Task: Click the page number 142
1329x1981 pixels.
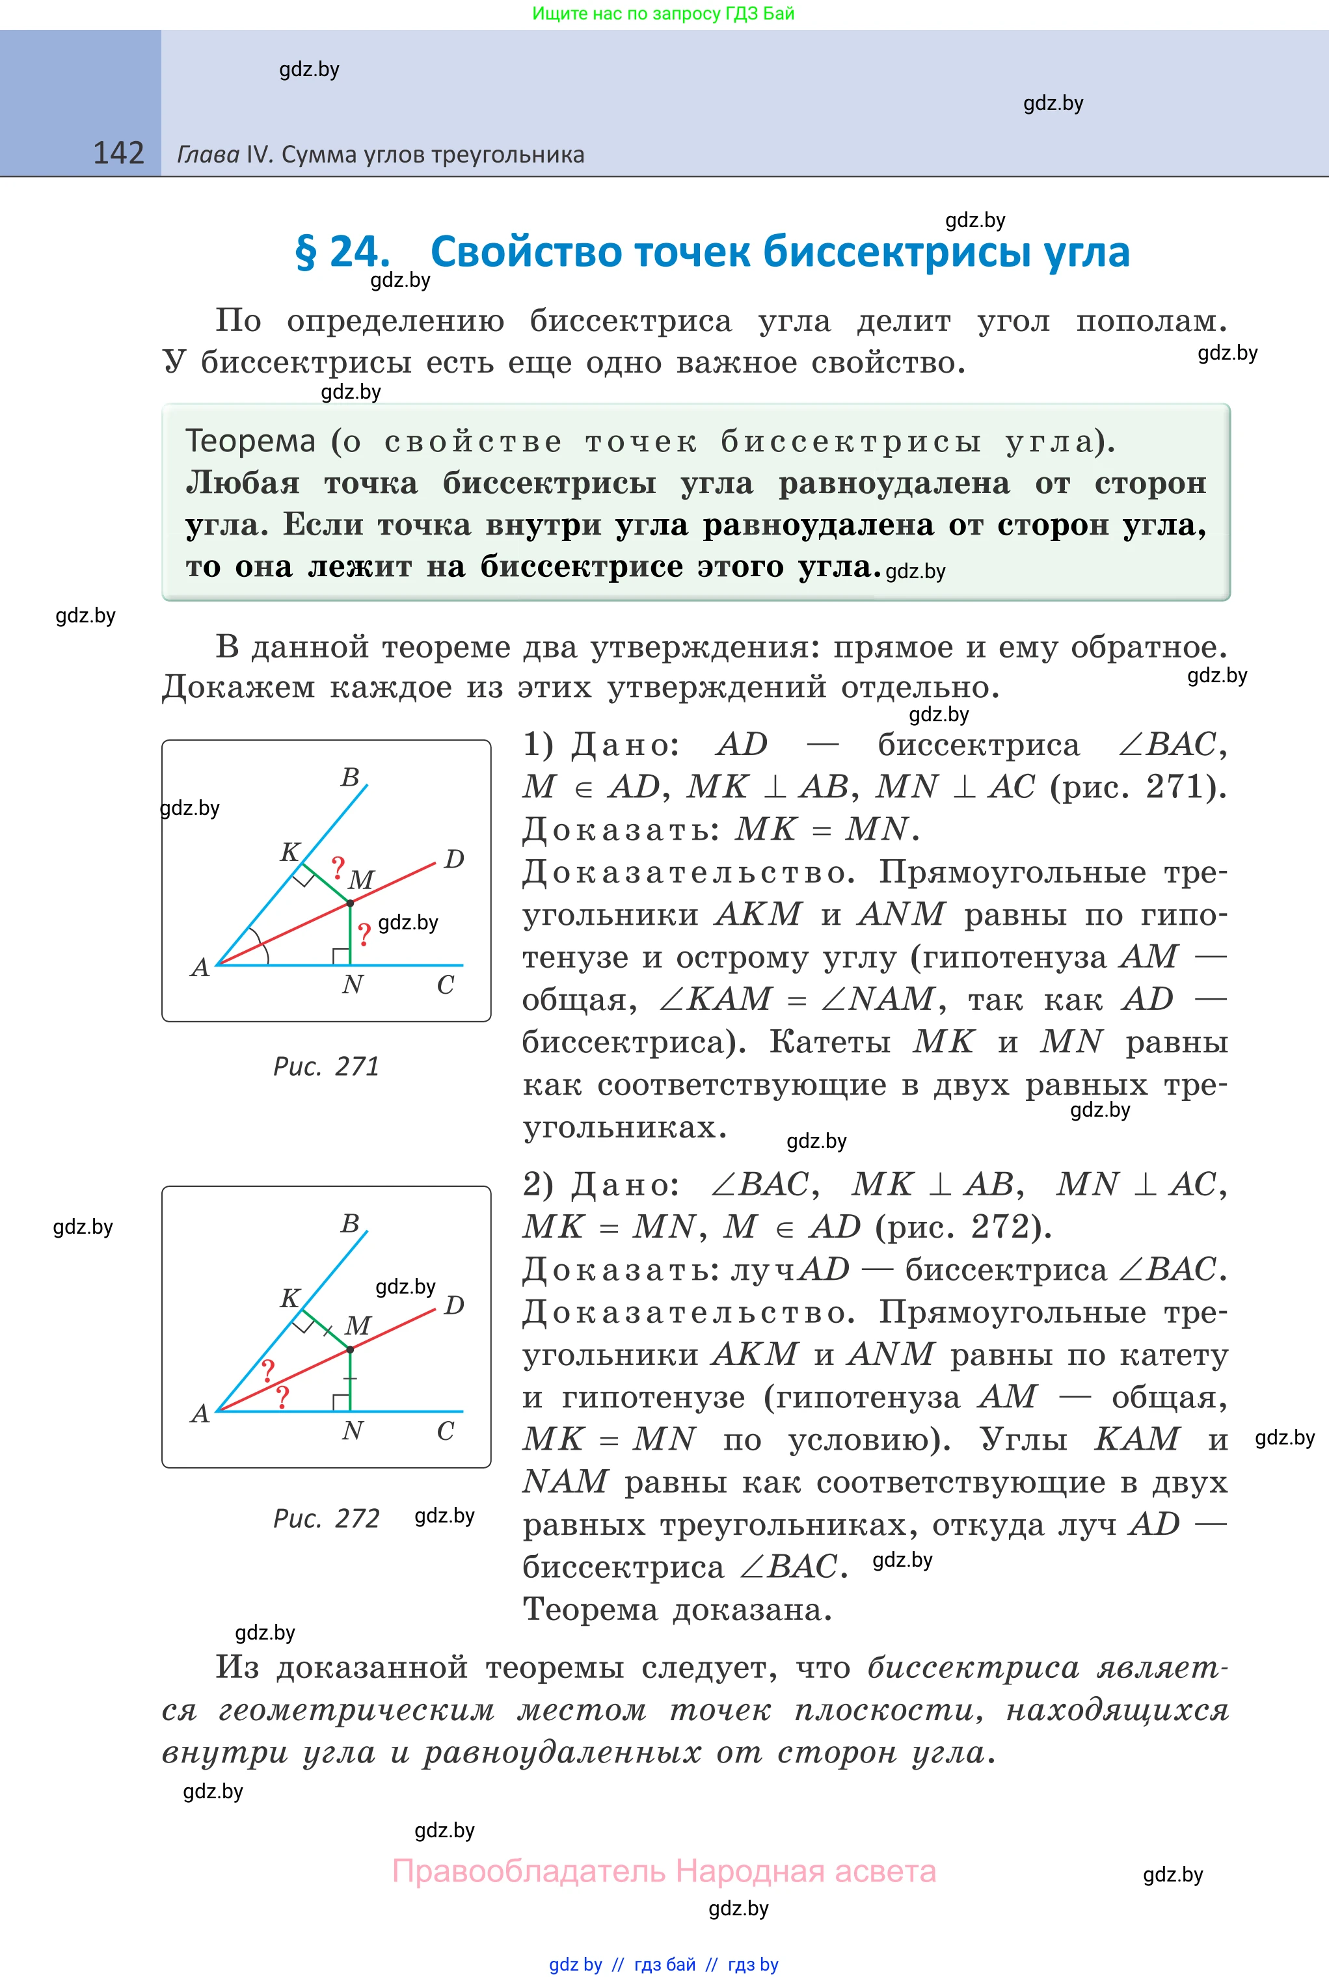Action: pos(118,153)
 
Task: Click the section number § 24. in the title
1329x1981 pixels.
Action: pos(342,252)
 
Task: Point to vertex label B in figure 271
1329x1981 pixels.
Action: pos(350,777)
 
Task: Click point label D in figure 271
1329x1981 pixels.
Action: pos(454,859)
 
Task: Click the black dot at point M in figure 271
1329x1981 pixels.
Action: pos(350,903)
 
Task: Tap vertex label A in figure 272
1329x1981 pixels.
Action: pos(200,1413)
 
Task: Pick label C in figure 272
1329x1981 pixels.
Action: pos(445,1431)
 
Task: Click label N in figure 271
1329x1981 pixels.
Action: pos(353,985)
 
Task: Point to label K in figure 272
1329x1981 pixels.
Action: pos(290,1298)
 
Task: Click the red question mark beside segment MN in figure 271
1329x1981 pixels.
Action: pos(364,935)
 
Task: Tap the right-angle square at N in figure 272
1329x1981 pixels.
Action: pos(342,1402)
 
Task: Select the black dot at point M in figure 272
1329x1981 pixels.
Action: pos(350,1349)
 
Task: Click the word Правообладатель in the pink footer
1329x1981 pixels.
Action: pos(529,1871)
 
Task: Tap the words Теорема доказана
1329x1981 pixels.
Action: pos(677,1609)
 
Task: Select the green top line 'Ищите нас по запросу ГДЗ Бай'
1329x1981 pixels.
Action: pos(663,14)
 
